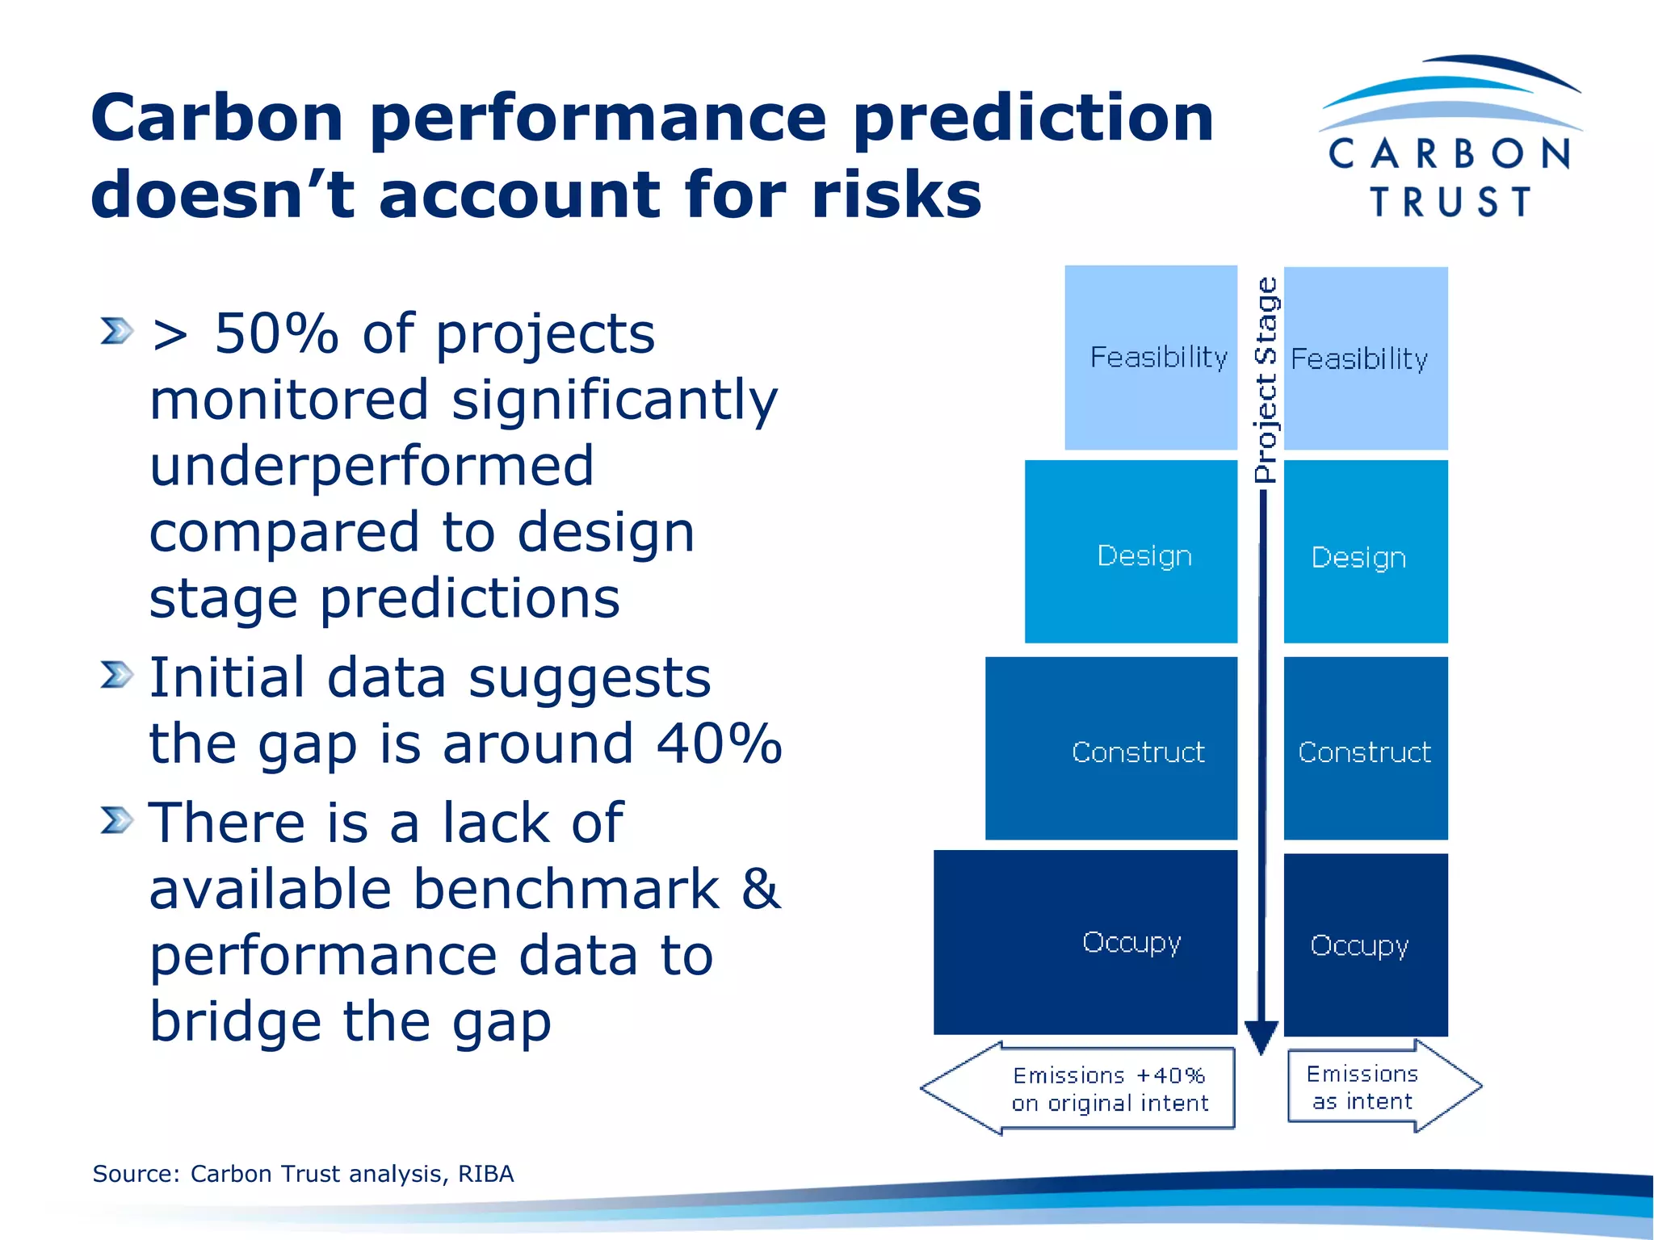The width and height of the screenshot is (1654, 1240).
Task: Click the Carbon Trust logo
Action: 1450,137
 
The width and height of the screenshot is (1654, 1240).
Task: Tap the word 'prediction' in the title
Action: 1033,119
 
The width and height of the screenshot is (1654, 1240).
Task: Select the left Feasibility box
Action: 1151,358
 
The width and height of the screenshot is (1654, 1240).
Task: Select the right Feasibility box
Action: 1365,358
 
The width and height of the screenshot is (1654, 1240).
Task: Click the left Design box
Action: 1131,552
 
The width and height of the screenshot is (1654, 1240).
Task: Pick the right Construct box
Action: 1365,748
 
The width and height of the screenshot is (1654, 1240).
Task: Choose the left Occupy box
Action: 1085,942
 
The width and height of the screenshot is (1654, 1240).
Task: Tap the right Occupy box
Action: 1365,945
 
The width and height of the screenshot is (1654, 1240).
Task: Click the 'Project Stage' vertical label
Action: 1266,379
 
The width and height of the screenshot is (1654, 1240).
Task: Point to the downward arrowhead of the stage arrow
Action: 1261,1037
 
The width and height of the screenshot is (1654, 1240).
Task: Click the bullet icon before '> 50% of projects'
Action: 116,331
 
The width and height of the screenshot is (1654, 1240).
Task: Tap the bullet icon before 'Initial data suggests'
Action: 116,675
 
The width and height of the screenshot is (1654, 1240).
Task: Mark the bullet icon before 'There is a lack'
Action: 116,820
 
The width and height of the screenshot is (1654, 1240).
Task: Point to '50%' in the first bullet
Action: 276,333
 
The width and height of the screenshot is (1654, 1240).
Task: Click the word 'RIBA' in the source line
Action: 485,1174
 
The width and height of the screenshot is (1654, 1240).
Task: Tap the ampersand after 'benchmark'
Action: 761,890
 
